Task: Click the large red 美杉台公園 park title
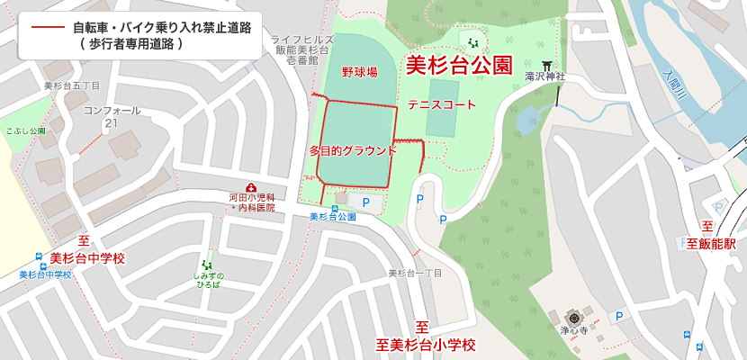click(x=459, y=66)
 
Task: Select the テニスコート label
click(x=442, y=105)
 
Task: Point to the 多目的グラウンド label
click(x=352, y=150)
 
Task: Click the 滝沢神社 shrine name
click(x=544, y=77)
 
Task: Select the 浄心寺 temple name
click(x=572, y=331)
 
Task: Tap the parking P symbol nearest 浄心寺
click(x=618, y=316)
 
